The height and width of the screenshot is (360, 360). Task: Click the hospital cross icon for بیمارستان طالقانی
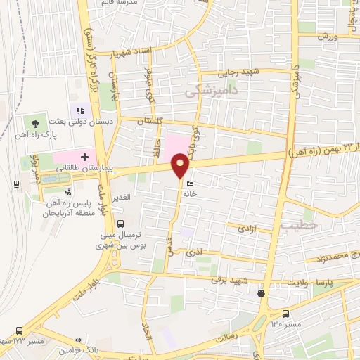point(84,155)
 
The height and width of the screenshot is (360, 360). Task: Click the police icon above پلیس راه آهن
point(68,191)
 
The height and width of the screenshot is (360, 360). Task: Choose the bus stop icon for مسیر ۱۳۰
point(285,314)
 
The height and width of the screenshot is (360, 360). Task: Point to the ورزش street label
point(327,36)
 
